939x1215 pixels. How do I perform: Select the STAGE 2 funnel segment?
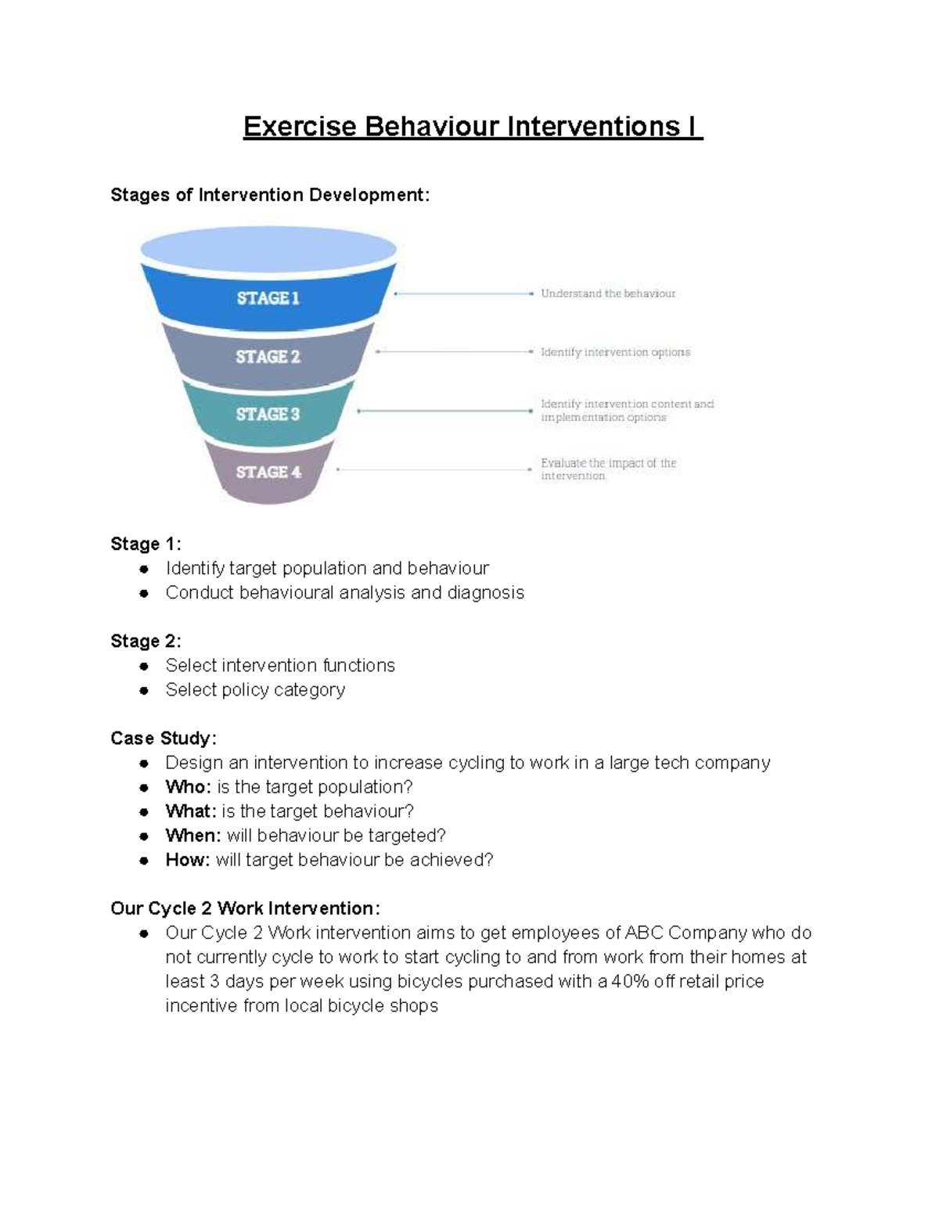tap(268, 356)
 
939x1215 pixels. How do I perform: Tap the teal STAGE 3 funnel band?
tap(268, 414)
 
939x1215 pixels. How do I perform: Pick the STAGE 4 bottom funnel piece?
tap(268, 473)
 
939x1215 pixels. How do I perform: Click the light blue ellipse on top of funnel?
tap(268, 250)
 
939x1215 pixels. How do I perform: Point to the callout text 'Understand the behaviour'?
tap(608, 293)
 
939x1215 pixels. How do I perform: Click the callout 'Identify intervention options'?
tap(615, 352)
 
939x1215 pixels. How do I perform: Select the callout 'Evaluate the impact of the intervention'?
tap(609, 469)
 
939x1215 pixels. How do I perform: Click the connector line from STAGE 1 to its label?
tap(463, 293)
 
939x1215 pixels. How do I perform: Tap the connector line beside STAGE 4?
tap(434, 469)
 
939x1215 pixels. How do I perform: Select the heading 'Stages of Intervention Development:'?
tap(270, 195)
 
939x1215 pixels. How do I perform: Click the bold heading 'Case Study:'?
tap(164, 738)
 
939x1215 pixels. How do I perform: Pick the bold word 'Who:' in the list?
tap(188, 787)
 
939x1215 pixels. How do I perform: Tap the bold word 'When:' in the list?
tap(193, 836)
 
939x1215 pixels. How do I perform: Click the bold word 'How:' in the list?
tap(187, 859)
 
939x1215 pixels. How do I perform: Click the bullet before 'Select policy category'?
tap(144, 691)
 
